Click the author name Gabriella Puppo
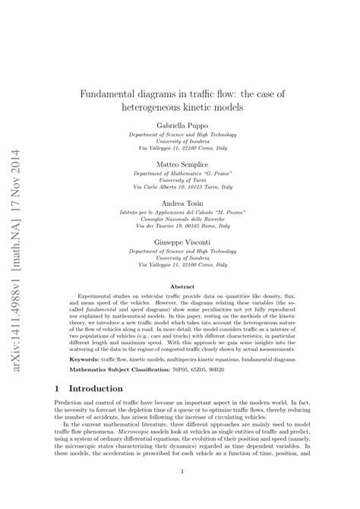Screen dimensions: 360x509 tap(179, 123)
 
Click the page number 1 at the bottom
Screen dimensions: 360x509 tap(180, 492)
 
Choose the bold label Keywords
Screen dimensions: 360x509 tap(84, 356)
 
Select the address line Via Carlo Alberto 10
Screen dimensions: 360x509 tap(179, 186)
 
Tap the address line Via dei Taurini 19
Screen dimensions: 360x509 tap(179, 226)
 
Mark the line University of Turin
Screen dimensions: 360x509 tap(179, 179)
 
